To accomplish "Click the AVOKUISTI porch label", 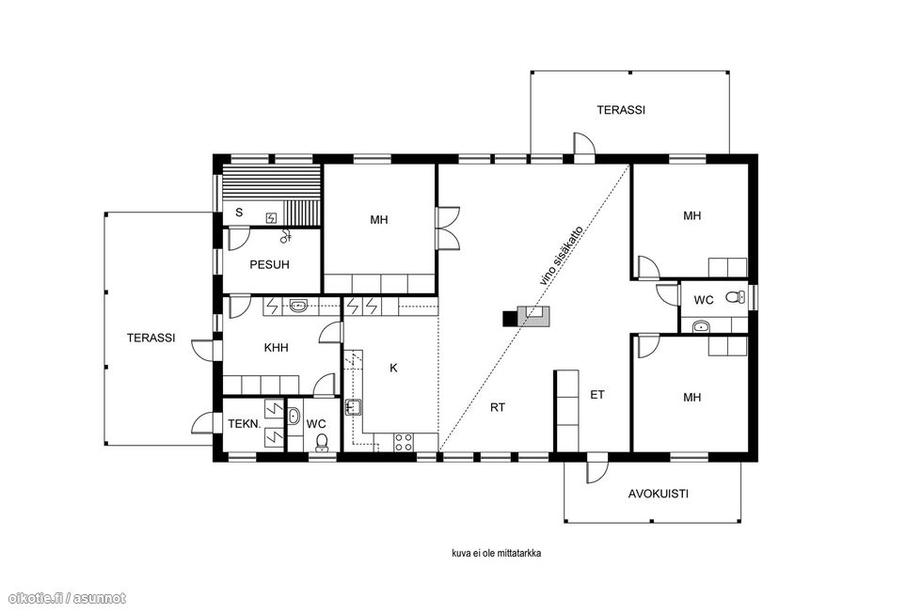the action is click(x=658, y=494).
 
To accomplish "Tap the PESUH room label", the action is click(x=269, y=264).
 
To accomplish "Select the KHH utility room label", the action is click(x=276, y=347).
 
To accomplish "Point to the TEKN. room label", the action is click(x=244, y=424).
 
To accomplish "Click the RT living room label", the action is click(x=498, y=407).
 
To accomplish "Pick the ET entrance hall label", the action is click(x=596, y=395).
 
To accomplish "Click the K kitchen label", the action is click(x=393, y=369).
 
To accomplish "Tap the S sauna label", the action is click(x=239, y=213).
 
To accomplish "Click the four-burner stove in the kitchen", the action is click(x=404, y=442).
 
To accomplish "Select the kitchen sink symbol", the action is click(x=353, y=406).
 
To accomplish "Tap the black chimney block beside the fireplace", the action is click(x=509, y=318).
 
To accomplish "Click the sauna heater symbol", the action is click(x=271, y=218).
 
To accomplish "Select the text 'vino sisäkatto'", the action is click(x=562, y=256).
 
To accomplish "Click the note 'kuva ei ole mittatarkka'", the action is click(x=497, y=554).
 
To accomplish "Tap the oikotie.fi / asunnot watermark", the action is click(x=64, y=598).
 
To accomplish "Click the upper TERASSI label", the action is click(x=621, y=110).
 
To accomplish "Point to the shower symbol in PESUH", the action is click(x=286, y=236).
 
